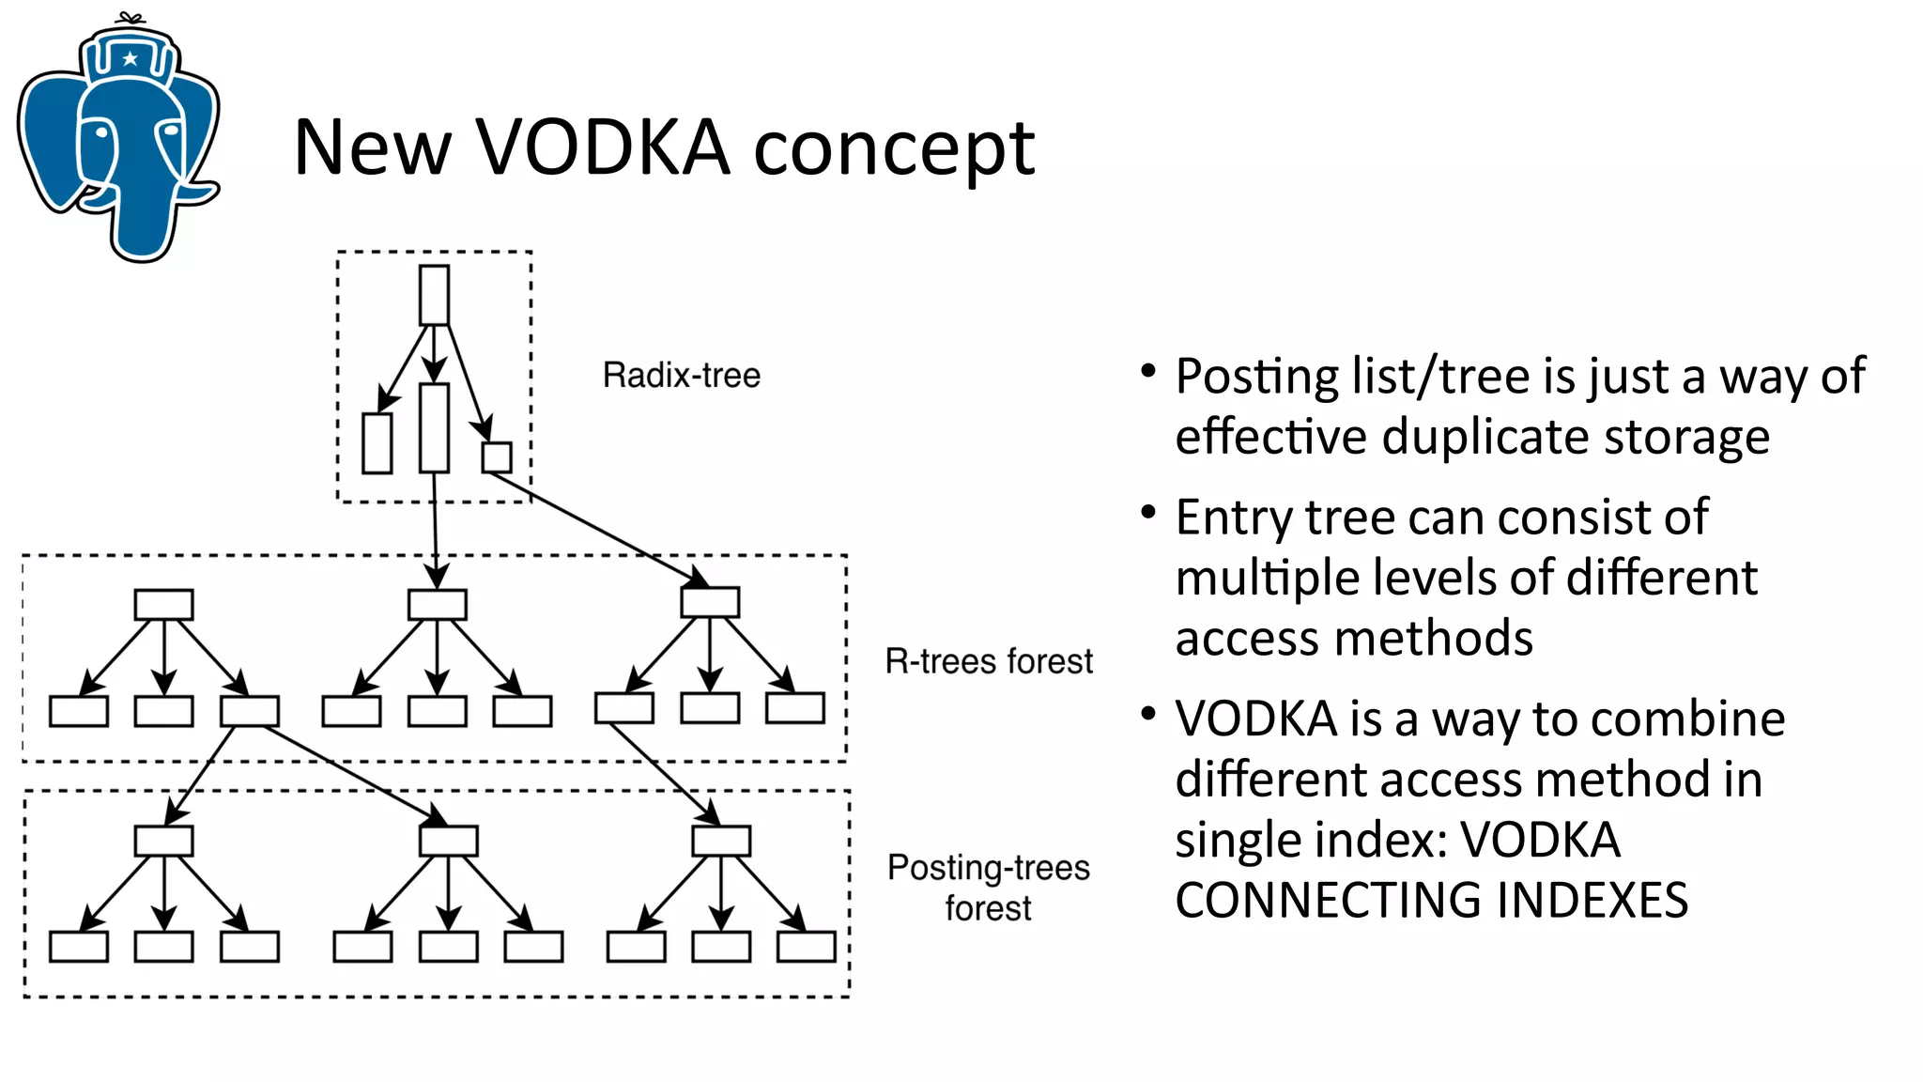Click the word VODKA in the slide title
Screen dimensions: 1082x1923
(603, 147)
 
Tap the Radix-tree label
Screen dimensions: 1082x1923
(681, 376)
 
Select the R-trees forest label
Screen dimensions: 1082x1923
(988, 661)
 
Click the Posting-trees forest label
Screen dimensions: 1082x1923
(988, 887)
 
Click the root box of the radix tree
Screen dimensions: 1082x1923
(434, 295)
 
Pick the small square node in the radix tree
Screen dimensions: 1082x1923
(497, 457)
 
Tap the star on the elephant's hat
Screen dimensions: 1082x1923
(131, 58)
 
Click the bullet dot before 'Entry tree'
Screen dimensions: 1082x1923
(1147, 512)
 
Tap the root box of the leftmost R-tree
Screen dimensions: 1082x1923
(163, 604)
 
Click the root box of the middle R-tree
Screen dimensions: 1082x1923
(438, 604)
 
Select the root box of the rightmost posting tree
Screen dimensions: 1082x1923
(721, 841)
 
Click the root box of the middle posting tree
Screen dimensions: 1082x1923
(449, 841)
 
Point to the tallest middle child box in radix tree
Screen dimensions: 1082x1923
(434, 427)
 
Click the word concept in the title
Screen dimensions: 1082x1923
(894, 147)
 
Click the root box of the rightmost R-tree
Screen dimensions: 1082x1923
(710, 602)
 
